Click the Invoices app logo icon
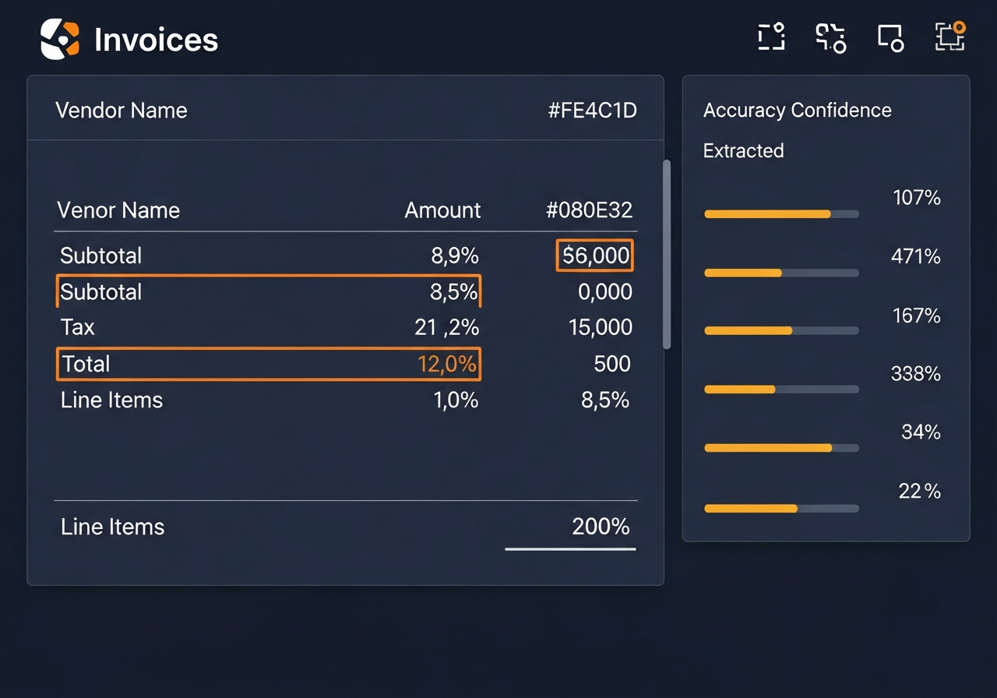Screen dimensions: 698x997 click(x=60, y=39)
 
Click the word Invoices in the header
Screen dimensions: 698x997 click(x=156, y=40)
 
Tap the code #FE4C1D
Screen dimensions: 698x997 click(x=592, y=111)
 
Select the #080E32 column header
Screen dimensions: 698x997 click(x=589, y=210)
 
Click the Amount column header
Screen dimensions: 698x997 click(x=442, y=210)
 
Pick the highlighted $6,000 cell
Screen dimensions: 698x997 click(x=595, y=256)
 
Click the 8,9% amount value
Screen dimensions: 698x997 click(x=455, y=256)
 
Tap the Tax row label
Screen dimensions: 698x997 click(x=78, y=327)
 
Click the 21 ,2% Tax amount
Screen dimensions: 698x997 click(x=446, y=327)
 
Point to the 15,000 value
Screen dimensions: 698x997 click(x=600, y=327)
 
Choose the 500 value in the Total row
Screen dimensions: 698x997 click(x=611, y=364)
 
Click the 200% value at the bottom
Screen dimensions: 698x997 click(x=601, y=527)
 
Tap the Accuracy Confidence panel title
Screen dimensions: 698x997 click(x=797, y=111)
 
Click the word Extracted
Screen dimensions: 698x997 click(x=743, y=150)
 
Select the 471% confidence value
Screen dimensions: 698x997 click(x=915, y=256)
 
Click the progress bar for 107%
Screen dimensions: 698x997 click(x=781, y=213)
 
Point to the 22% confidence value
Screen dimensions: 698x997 click(x=919, y=492)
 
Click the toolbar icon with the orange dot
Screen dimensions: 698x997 click(x=949, y=36)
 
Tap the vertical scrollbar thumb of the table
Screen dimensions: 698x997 click(x=666, y=254)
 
